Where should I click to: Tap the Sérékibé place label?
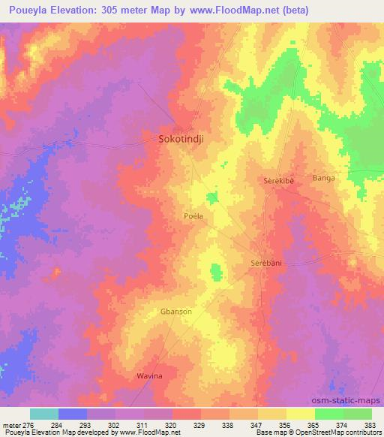[281, 182]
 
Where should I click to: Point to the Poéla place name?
[193, 215]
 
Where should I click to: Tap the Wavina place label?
[148, 375]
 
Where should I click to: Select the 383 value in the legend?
[371, 424]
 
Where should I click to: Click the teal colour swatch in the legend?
[44, 414]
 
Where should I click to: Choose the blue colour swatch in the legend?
[73, 414]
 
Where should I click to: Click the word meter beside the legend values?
[12, 424]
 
